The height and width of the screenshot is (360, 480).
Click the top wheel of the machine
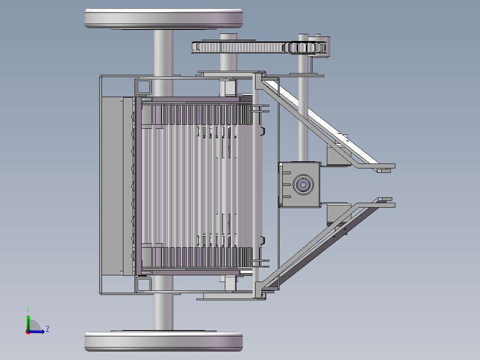(x=164, y=19)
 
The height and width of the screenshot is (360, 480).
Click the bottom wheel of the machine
(x=164, y=341)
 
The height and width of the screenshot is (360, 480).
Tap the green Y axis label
(x=28, y=310)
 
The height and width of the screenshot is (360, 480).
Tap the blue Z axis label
(x=48, y=329)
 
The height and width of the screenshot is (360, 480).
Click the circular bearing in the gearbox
(x=303, y=185)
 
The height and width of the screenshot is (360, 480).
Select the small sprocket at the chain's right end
(x=306, y=48)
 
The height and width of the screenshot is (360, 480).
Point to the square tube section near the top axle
(x=144, y=87)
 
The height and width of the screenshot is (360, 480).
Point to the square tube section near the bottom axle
(x=144, y=284)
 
